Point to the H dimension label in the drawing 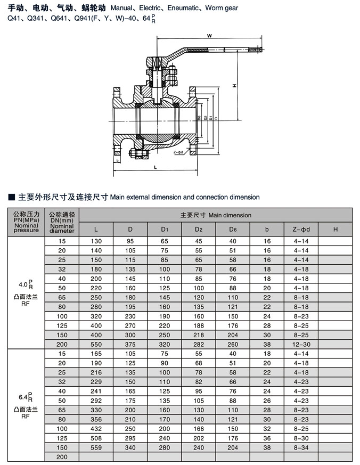point(234,86)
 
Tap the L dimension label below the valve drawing point(155,167)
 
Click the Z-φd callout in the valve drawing point(178,152)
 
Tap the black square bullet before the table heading point(12,197)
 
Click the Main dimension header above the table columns point(215,215)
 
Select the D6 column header point(233,230)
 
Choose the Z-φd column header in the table point(301,230)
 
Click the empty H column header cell point(336,230)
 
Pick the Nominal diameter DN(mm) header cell point(62,222)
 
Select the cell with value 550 point(96,344)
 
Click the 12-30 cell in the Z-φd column point(301,344)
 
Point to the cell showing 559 point(96,447)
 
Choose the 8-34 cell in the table point(301,447)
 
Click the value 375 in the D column point(130,344)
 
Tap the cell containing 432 point(96,428)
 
